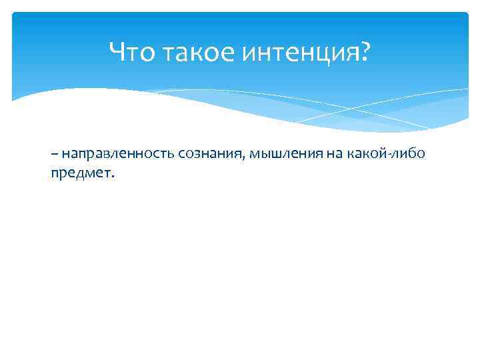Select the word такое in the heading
click(193, 51)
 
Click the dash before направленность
click(53, 155)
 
